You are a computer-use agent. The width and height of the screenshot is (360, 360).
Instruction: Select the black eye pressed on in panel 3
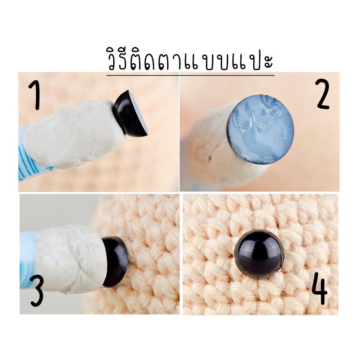point(114,261)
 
